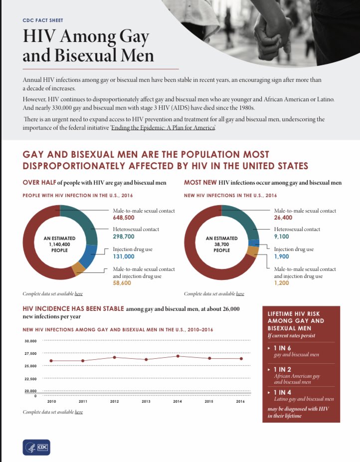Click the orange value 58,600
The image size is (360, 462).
(122, 283)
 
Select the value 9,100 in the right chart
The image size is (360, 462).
(282, 236)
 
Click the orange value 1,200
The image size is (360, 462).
(282, 283)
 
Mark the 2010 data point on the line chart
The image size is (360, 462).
(51, 361)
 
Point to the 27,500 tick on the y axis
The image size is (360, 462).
(30, 354)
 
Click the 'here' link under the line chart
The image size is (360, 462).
(79, 412)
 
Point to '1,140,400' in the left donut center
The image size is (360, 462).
(60, 244)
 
